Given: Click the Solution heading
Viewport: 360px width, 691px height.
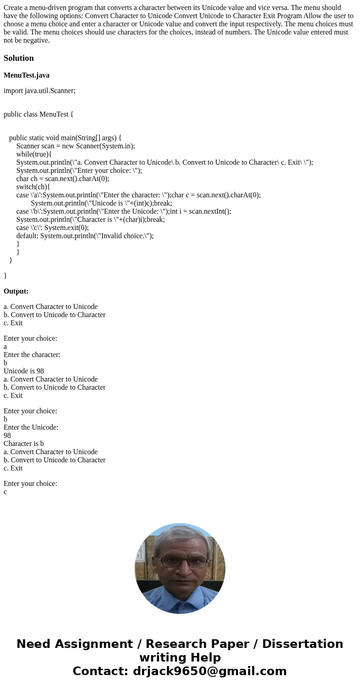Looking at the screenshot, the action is (x=19, y=58).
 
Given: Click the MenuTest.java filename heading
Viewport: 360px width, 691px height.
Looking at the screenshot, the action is (x=26, y=75).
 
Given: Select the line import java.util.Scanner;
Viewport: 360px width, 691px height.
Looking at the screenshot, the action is (x=39, y=91).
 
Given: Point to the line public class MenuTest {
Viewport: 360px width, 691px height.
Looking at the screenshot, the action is (x=39, y=114).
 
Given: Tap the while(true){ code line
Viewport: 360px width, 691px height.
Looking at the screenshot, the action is (x=34, y=154).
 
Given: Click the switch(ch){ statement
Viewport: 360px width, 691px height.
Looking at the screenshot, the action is (x=33, y=187).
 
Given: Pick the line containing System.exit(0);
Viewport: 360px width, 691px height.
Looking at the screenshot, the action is (x=52, y=228).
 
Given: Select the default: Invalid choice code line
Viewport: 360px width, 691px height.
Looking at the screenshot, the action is (x=85, y=236).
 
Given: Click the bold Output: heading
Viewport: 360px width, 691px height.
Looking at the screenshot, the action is (x=16, y=291).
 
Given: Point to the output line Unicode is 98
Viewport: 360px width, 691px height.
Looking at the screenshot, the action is (x=24, y=371).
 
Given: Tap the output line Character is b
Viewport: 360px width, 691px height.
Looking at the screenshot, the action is (x=24, y=444).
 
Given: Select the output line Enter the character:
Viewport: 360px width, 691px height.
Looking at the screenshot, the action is (x=32, y=355).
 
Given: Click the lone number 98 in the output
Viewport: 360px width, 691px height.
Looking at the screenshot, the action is (x=7, y=436).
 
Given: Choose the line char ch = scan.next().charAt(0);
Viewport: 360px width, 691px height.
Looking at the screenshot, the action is (x=63, y=179).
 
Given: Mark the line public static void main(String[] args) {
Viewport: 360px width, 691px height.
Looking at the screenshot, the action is (x=65, y=138).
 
